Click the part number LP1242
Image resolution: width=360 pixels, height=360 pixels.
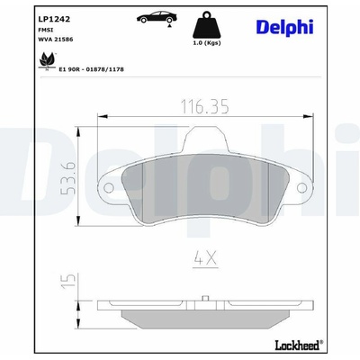(x=54, y=19)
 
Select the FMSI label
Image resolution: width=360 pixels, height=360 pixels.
(x=46, y=30)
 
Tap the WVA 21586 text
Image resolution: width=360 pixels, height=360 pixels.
(x=56, y=40)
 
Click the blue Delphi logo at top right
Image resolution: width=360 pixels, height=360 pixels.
(x=284, y=27)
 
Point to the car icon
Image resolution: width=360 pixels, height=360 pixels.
(x=157, y=17)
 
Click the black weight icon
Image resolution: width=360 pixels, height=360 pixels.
(x=206, y=24)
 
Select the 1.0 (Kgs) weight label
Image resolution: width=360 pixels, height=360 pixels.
(x=206, y=43)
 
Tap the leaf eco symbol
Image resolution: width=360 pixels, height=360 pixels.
(x=48, y=60)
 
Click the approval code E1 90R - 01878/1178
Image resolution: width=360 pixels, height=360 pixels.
(x=91, y=69)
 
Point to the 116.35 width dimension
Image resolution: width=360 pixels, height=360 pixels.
(x=205, y=106)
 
